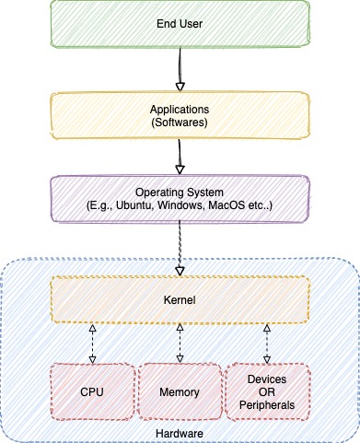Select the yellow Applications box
(180, 114)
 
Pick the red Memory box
(180, 391)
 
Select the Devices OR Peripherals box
(268, 391)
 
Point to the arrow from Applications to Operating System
(180, 157)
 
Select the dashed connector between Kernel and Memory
(180, 344)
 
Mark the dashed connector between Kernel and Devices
(268, 344)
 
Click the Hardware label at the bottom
(180, 431)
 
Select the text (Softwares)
(180, 122)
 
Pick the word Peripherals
(268, 404)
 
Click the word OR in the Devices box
(268, 391)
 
